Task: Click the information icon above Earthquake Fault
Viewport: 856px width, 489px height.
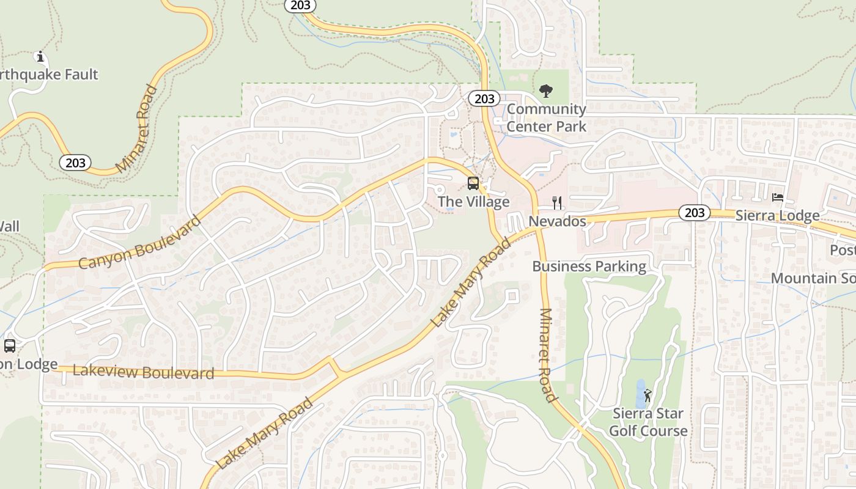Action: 40,57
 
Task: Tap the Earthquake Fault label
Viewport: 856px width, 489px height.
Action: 49,75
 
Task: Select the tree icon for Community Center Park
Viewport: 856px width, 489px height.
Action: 546,92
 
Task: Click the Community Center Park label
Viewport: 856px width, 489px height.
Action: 546,118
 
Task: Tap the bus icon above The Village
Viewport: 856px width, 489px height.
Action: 473,183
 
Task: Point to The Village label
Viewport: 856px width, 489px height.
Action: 473,202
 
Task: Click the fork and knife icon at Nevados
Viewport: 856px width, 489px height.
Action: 557,202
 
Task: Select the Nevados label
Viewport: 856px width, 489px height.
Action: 557,221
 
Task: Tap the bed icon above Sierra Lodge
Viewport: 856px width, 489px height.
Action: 778,197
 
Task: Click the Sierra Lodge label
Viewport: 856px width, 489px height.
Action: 777,216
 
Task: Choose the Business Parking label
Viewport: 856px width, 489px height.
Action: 589,267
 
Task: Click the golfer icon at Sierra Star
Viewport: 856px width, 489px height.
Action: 648,395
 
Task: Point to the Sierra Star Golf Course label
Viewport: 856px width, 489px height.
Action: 648,422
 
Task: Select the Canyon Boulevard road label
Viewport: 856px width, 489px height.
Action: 139,243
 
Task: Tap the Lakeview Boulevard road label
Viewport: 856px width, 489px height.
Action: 143,372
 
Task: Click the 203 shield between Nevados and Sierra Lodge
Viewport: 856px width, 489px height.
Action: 694,213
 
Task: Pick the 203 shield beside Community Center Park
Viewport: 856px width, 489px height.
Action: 484,98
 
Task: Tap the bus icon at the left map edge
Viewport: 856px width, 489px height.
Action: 10,346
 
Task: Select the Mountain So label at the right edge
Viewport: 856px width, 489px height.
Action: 813,279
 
